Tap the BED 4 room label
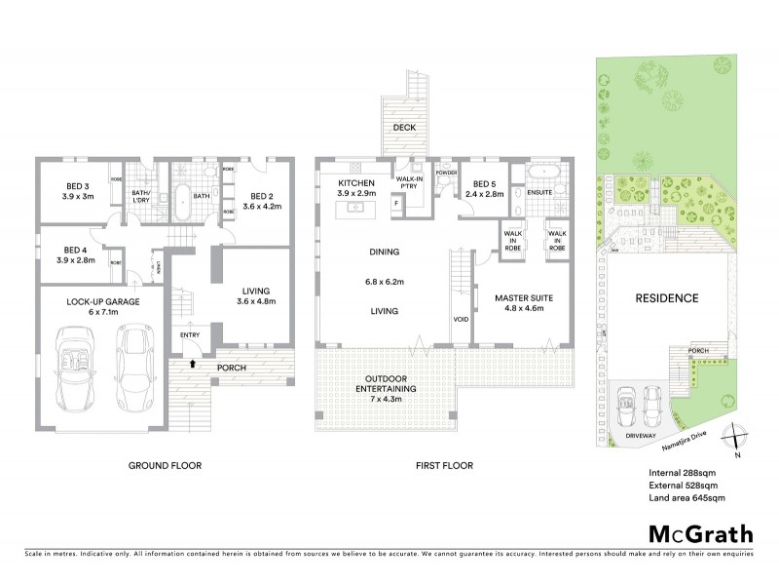[77, 254]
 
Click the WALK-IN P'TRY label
[410, 181]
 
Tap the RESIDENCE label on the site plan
[668, 297]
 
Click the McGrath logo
[699, 533]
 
